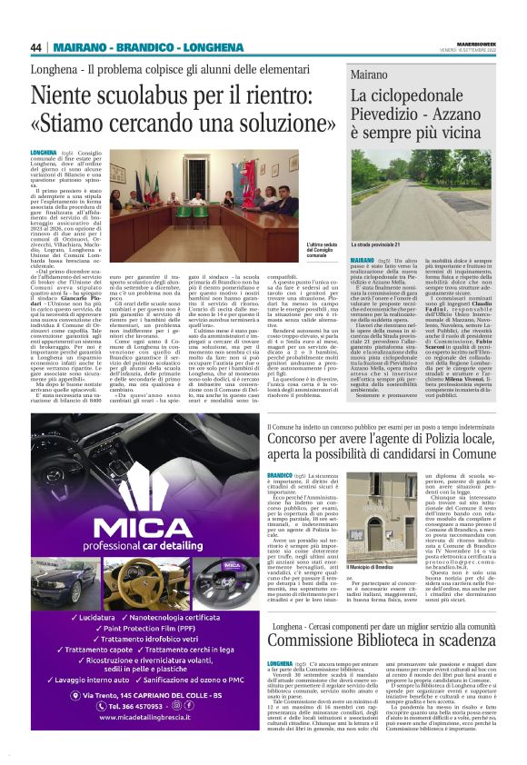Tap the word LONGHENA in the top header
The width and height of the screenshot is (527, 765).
pos(192,46)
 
